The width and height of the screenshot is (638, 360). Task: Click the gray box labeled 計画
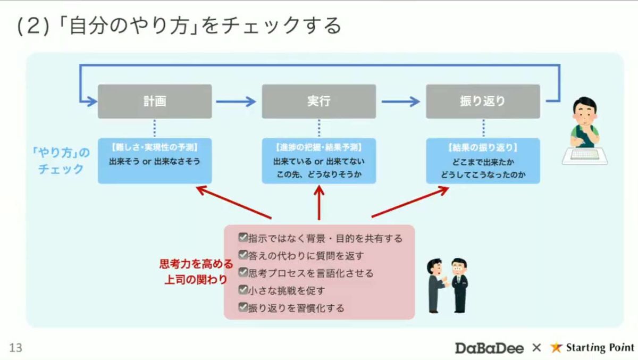coord(155,101)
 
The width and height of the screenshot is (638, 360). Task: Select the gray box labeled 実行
coord(318,101)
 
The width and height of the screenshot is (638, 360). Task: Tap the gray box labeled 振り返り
coord(483,101)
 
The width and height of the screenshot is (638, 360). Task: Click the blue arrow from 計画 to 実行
coord(236,101)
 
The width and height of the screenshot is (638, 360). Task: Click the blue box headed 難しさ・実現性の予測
coord(155,161)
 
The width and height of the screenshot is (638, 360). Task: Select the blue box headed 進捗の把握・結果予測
coord(318,161)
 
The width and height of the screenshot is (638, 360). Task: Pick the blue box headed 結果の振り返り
coord(483,161)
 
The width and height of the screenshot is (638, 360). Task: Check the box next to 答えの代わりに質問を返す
coord(243,255)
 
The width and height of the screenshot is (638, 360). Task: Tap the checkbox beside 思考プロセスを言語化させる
coord(243,273)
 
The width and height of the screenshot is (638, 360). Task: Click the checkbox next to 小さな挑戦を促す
coord(243,290)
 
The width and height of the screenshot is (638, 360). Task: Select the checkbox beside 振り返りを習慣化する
coord(243,307)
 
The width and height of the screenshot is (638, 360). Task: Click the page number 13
coord(15,348)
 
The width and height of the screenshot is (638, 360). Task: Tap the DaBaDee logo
coord(489,348)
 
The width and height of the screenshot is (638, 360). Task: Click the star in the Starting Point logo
coord(556,348)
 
